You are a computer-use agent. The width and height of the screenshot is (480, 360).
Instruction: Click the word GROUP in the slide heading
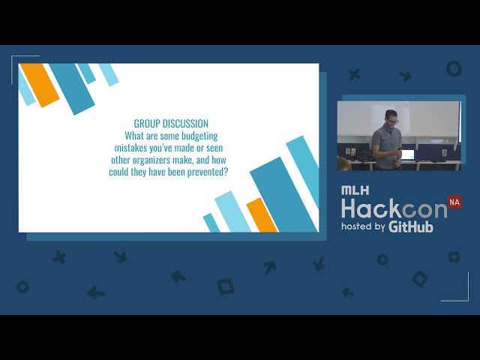pos(147,124)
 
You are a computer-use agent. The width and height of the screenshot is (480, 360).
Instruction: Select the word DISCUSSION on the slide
pos(185,124)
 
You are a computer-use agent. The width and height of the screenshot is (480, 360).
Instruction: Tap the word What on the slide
pos(134,136)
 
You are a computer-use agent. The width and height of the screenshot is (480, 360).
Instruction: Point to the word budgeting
pos(199,136)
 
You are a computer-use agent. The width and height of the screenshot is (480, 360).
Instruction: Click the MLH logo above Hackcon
pos(355,190)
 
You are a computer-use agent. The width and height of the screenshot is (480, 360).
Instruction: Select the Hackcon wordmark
pos(394,208)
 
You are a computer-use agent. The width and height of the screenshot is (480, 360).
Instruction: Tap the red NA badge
pos(454,202)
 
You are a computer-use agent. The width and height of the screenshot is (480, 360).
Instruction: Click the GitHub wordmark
pos(411,226)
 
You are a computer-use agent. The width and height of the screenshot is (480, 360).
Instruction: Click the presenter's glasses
pos(392,121)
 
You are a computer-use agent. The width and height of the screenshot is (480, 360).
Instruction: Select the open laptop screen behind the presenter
pos(407,154)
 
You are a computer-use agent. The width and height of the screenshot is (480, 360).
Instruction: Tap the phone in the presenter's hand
pos(399,148)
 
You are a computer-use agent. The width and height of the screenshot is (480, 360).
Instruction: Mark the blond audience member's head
pos(344,163)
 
